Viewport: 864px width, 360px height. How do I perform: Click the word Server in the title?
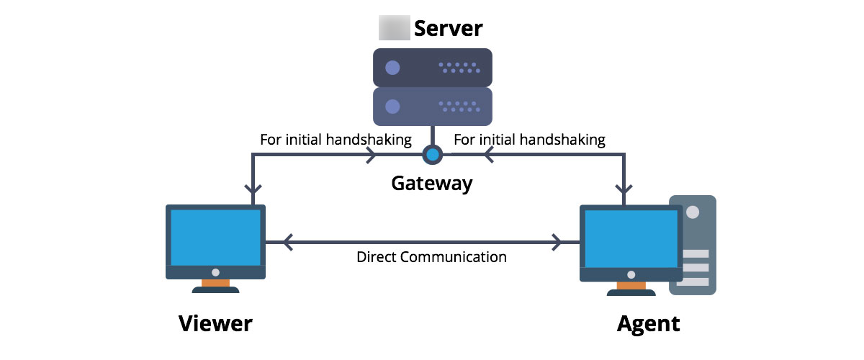447,29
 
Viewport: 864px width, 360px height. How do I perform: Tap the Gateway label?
432,183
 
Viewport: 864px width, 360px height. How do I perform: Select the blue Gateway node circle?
432,154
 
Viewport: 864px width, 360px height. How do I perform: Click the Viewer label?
215,323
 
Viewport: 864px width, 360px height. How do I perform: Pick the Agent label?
648,323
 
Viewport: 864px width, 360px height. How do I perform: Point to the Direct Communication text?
431,257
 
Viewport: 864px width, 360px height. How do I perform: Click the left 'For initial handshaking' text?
335,140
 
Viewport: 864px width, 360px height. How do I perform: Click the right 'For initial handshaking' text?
529,140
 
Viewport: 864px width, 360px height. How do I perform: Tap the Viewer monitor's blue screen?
216,237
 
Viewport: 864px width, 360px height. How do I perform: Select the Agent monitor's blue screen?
631,237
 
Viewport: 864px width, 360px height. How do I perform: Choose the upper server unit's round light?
392,68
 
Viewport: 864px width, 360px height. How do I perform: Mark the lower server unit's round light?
392,107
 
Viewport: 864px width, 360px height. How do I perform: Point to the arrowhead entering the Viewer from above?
252,192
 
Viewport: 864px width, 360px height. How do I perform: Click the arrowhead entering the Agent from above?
624,192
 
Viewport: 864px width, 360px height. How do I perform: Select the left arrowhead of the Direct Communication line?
288,243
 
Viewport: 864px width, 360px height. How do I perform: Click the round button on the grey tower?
693,213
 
